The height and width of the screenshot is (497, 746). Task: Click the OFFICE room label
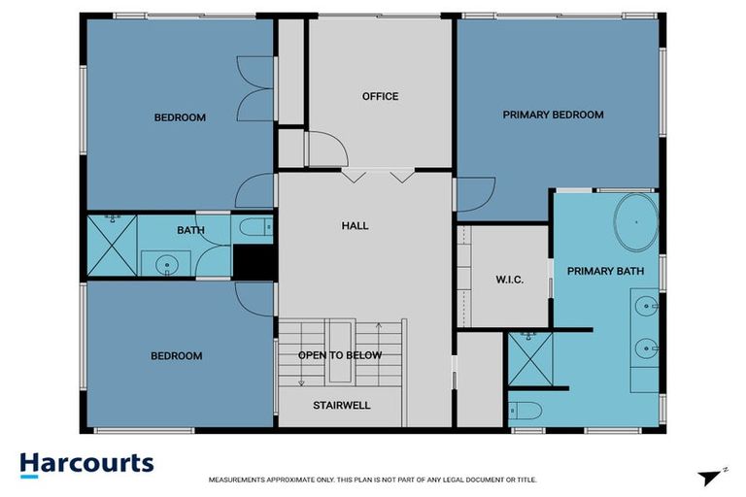coord(380,96)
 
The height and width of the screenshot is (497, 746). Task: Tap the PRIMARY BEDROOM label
coord(553,115)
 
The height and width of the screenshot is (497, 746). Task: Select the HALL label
coord(355,226)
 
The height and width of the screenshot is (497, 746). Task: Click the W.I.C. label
coord(509,280)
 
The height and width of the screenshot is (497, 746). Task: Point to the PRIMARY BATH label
coord(605,271)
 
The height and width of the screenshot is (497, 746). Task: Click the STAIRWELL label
coord(341,405)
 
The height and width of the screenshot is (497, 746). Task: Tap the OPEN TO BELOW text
coord(339,355)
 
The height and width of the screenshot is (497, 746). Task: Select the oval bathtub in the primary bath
coord(635,223)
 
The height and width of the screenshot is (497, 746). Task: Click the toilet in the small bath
coord(254,229)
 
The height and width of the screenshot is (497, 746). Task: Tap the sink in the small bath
coord(167,263)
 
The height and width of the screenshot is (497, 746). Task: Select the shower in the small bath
coord(111,246)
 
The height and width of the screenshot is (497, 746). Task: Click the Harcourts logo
coord(87,463)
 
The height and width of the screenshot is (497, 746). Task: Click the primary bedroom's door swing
coord(475,194)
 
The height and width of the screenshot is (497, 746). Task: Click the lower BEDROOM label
coord(177,356)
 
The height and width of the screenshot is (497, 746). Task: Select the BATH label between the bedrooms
coord(189,231)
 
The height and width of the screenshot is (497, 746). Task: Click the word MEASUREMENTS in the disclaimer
coord(243,480)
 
